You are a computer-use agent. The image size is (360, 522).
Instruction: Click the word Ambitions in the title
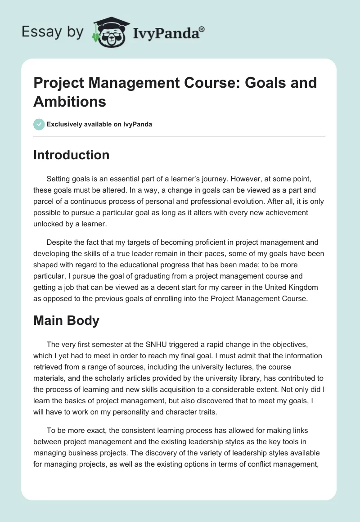click(x=70, y=101)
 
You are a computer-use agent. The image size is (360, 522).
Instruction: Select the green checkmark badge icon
click(x=39, y=124)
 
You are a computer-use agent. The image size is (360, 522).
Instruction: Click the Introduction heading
click(x=72, y=155)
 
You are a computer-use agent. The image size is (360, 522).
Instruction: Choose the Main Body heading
click(x=67, y=321)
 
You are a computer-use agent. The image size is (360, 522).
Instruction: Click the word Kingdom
click(x=292, y=288)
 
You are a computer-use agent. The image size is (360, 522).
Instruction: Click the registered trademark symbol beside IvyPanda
click(x=202, y=29)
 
